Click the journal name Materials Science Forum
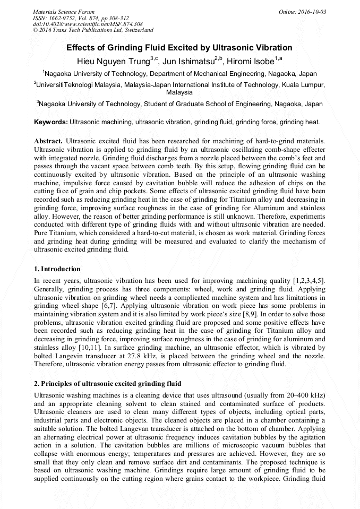(64, 11)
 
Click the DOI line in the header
(80, 24)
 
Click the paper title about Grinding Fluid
(179, 47)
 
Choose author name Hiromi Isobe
(250, 61)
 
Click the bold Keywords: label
(51, 122)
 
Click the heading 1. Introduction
(57, 269)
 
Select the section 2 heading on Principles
(107, 383)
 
